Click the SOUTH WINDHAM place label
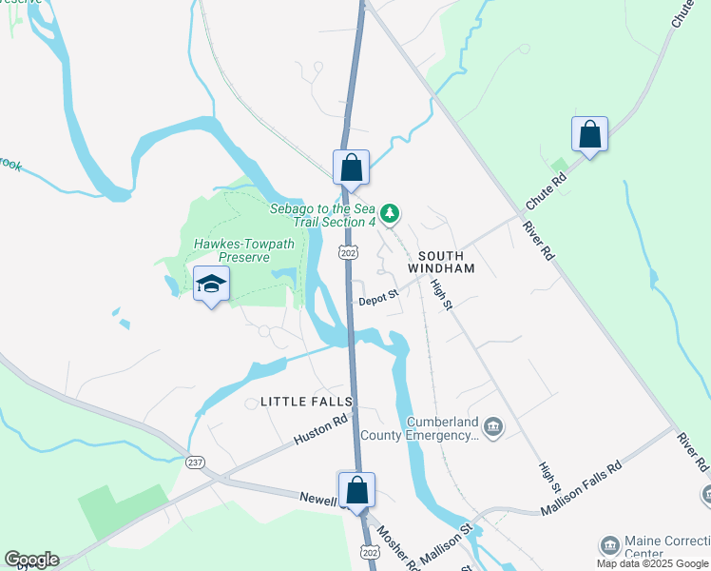point(441,262)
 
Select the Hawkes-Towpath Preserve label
point(244,250)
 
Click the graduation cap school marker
point(211,285)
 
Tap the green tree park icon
point(390,211)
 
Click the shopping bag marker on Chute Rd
point(589,135)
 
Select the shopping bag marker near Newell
point(357,491)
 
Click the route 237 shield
point(195,462)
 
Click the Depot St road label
point(377,301)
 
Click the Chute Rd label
point(546,193)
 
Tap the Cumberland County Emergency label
point(442,428)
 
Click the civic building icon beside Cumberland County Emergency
point(492,425)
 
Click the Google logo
point(31,560)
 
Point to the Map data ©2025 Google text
point(652,563)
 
